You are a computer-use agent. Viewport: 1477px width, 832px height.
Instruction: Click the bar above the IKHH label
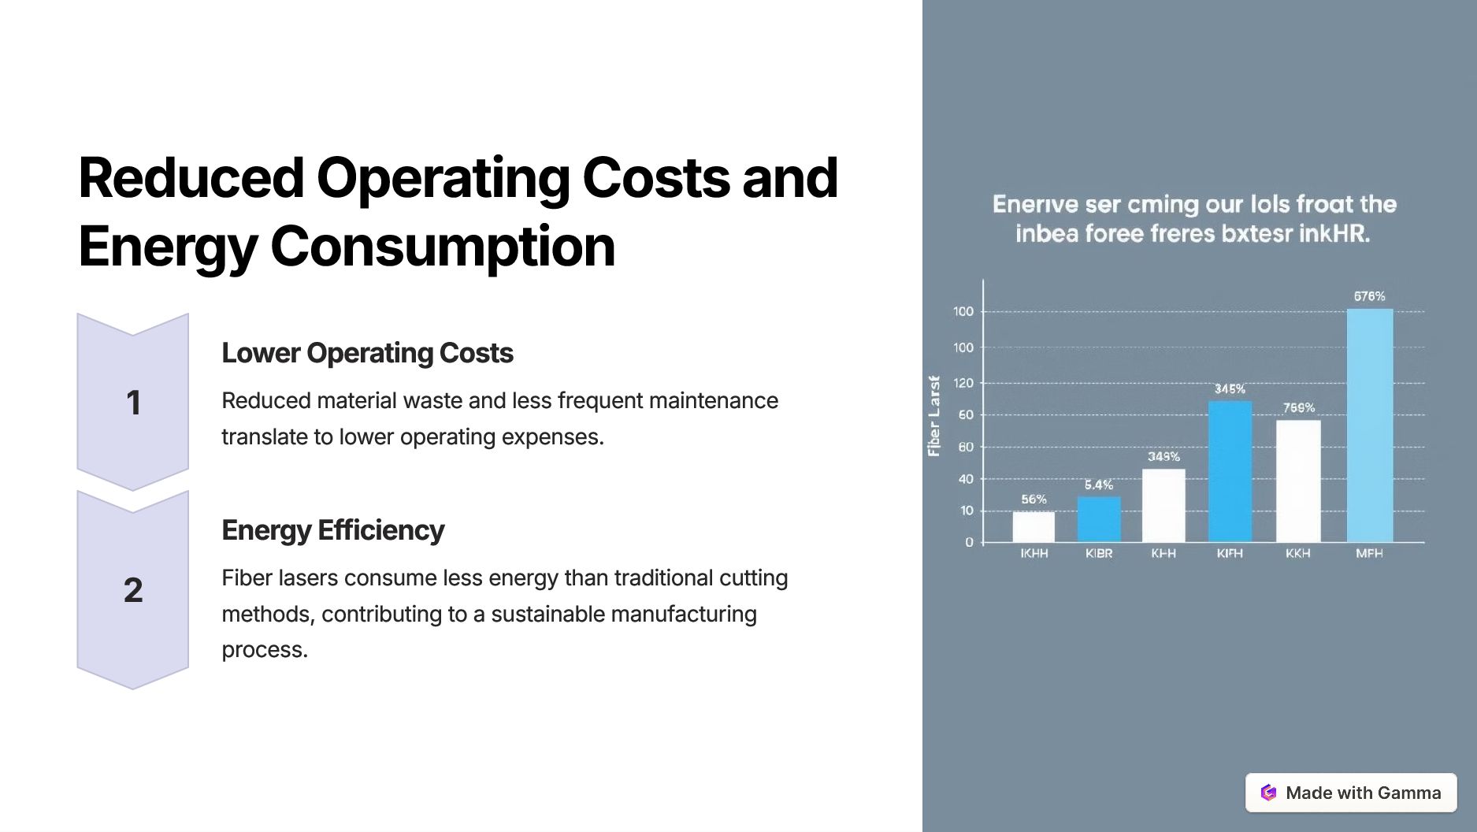coord(1034,526)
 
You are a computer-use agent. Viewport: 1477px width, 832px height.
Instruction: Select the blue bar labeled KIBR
coord(1099,518)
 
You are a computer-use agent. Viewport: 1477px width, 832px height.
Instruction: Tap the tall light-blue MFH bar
coord(1370,425)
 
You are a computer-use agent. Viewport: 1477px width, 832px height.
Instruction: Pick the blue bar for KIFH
coord(1230,471)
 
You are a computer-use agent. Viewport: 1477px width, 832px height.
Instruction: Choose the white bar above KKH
coord(1298,481)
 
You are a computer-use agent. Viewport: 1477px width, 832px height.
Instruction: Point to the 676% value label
coord(1369,296)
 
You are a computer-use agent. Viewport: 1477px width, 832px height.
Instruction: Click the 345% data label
coord(1230,389)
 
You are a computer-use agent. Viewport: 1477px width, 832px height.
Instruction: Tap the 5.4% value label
coord(1099,485)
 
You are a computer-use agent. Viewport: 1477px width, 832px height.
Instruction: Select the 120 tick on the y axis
coord(963,383)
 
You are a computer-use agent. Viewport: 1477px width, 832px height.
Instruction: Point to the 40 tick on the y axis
coord(965,479)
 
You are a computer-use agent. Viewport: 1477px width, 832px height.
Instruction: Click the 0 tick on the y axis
coord(969,542)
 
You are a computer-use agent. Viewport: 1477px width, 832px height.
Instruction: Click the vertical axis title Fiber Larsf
coord(934,416)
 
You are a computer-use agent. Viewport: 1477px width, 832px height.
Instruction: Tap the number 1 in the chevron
coord(133,403)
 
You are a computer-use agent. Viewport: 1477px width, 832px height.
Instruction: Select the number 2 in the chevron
coord(133,590)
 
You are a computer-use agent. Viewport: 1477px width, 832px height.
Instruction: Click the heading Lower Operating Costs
coord(367,353)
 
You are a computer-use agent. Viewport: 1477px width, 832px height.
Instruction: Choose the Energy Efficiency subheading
coord(332,530)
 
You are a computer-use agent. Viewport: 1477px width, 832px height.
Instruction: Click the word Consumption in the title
coord(442,247)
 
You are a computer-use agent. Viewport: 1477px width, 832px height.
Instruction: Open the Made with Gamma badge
coord(1351,793)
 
